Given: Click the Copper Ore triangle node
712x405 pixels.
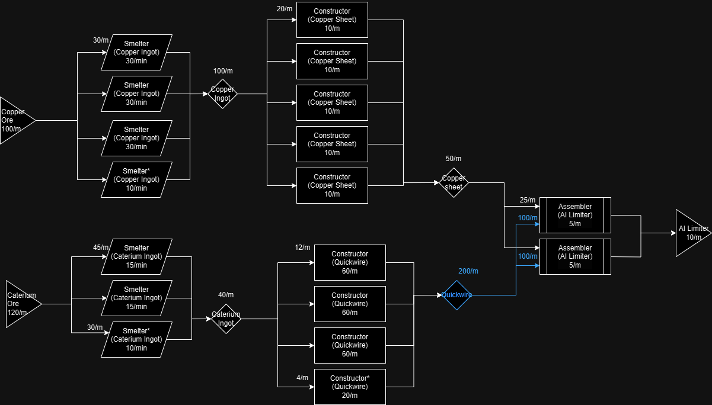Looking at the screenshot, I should (14, 120).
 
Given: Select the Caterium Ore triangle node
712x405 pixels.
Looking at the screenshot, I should (21, 304).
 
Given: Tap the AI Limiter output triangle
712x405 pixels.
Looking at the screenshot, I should (691, 233).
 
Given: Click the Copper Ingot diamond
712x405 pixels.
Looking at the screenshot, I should (222, 94).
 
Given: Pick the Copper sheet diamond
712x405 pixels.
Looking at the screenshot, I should (454, 182).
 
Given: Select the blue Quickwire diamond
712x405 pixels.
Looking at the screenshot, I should (456, 295).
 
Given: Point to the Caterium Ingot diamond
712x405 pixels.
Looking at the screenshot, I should (226, 319).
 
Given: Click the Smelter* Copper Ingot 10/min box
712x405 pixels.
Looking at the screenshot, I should (136, 179).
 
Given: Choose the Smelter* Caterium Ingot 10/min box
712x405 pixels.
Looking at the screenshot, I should (136, 339).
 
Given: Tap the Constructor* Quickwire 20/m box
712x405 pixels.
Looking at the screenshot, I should (350, 387).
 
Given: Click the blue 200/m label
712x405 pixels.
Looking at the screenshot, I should (468, 271).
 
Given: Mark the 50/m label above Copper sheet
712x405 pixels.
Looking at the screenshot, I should (453, 159).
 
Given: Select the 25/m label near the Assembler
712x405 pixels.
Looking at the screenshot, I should (527, 200).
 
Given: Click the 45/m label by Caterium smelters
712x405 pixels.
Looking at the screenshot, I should (101, 247).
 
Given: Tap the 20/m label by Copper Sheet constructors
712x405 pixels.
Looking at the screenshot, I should (284, 9).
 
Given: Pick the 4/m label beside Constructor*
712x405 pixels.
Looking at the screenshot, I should (302, 378).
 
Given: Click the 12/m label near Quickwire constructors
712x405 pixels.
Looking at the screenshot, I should (302, 247).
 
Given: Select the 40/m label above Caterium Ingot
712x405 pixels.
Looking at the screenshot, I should (226, 295).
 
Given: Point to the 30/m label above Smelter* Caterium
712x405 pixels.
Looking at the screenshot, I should (95, 327).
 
